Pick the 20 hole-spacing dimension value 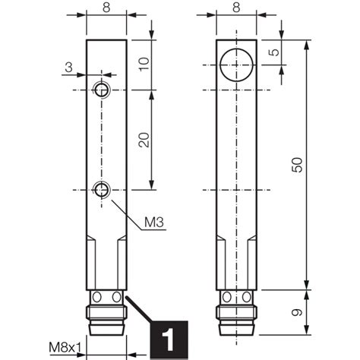click(144, 140)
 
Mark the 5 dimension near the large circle click(274, 55)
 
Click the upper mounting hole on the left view click(102, 91)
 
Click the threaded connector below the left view click(106, 319)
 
